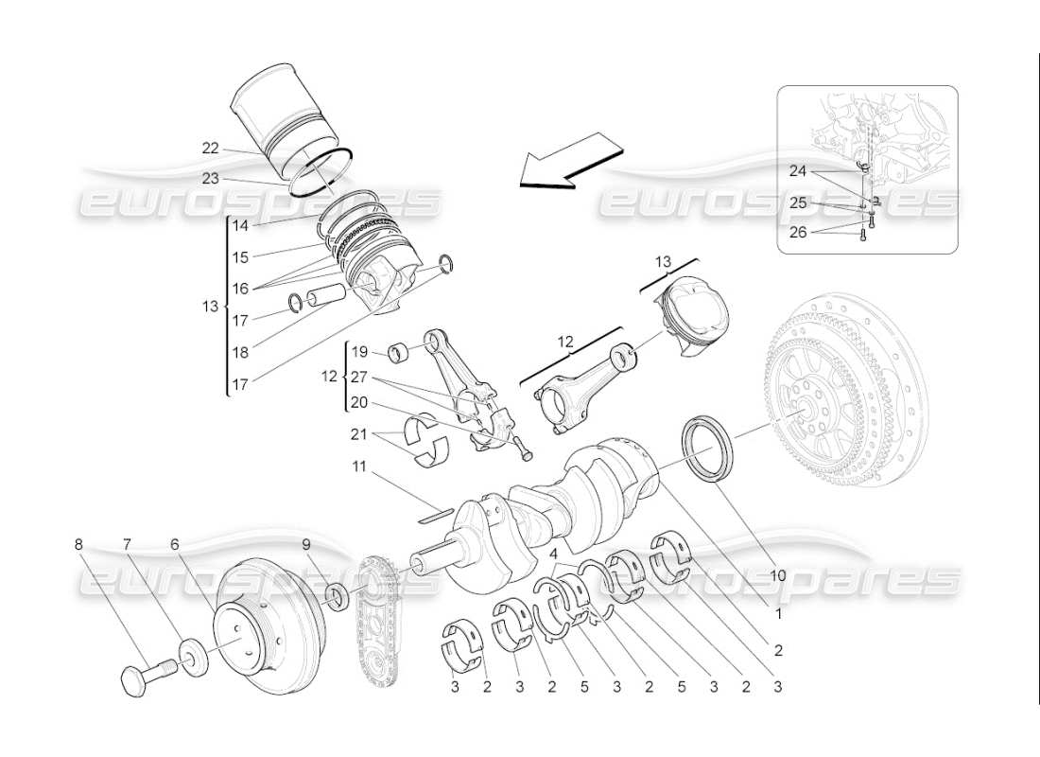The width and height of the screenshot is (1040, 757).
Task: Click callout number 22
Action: coord(210,148)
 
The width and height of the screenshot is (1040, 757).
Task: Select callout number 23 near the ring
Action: coord(210,177)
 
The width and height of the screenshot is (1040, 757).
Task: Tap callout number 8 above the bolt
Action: coord(79,544)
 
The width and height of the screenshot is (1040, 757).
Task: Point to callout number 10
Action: coord(777,573)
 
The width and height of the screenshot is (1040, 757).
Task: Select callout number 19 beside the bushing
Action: coord(359,351)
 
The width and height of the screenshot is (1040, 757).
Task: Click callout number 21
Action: coord(359,434)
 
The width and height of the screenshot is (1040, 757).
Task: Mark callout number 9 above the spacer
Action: coord(307,544)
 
